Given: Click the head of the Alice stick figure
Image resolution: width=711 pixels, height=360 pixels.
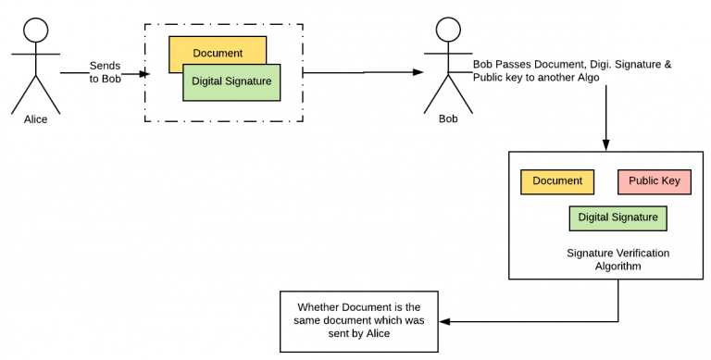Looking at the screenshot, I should tap(35, 29).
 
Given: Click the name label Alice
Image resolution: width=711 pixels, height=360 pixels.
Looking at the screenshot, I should tap(36, 119).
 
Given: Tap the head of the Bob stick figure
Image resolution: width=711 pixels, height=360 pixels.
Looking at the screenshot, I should tap(447, 29).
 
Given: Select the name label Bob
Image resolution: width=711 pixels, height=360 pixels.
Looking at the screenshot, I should tap(448, 119).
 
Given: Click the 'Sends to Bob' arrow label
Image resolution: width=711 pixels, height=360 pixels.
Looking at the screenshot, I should tap(105, 72).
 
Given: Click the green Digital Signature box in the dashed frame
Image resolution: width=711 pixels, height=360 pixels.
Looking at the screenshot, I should tap(231, 81).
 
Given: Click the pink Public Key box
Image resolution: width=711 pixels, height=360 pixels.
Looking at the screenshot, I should tap(655, 181).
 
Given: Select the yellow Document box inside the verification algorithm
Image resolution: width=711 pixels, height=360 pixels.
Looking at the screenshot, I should tap(557, 181).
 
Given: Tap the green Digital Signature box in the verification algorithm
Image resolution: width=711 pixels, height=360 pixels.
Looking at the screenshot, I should tap(617, 218).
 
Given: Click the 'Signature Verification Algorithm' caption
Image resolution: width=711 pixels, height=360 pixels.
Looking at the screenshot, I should tap(604, 258).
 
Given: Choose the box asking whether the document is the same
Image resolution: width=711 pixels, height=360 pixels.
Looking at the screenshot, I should tap(358, 320).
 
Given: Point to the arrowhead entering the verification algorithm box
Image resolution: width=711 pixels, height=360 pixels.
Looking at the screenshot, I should tap(605, 144).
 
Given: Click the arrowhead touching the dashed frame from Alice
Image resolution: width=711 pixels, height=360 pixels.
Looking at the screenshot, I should tap(143, 72).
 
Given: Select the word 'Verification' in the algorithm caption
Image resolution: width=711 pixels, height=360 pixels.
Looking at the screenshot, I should tap(625, 252).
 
